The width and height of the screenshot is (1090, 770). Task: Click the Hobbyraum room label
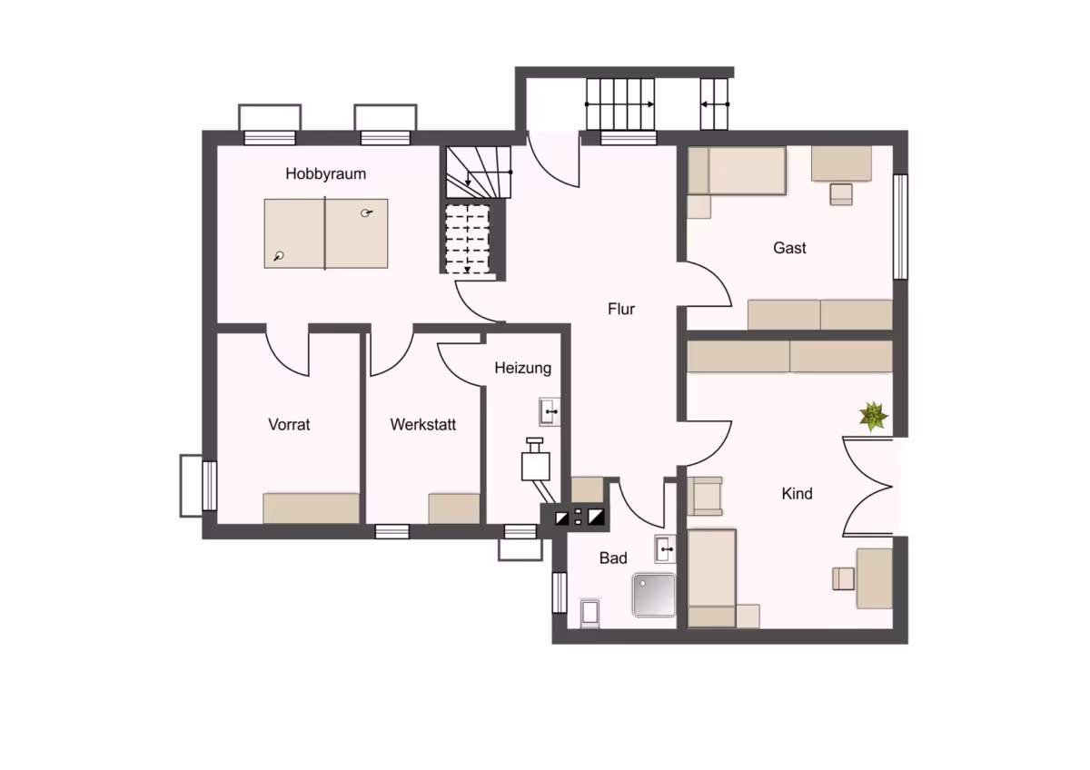pyautogui.click(x=325, y=173)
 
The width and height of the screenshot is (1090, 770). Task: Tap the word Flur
pyautogui.click(x=621, y=309)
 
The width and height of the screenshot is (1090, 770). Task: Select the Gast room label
pyautogui.click(x=789, y=248)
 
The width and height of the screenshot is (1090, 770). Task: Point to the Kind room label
pyautogui.click(x=798, y=494)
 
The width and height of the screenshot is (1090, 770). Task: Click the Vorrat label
pyautogui.click(x=289, y=425)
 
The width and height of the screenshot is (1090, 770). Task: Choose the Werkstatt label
pyautogui.click(x=423, y=425)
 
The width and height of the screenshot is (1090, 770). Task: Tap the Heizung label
pyautogui.click(x=522, y=369)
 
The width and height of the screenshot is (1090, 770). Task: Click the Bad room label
pyautogui.click(x=613, y=558)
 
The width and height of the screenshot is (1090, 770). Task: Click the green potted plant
pyautogui.click(x=874, y=416)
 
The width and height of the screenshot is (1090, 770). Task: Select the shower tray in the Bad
pyautogui.click(x=654, y=596)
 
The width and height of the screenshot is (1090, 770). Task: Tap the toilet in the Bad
pyautogui.click(x=590, y=612)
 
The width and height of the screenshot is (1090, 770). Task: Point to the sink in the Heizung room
pyautogui.click(x=550, y=412)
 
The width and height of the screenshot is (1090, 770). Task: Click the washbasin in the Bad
pyautogui.click(x=665, y=549)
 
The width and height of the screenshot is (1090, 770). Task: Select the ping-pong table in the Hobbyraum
pyautogui.click(x=325, y=233)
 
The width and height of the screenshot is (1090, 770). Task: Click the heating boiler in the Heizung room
pyautogui.click(x=535, y=461)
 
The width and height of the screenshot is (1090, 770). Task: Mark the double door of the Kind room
pyautogui.click(x=867, y=487)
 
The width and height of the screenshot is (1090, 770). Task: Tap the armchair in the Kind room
pyautogui.click(x=705, y=496)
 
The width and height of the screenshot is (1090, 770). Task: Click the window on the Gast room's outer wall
pyautogui.click(x=901, y=227)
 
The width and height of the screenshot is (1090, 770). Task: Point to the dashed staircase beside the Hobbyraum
pyautogui.click(x=468, y=239)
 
